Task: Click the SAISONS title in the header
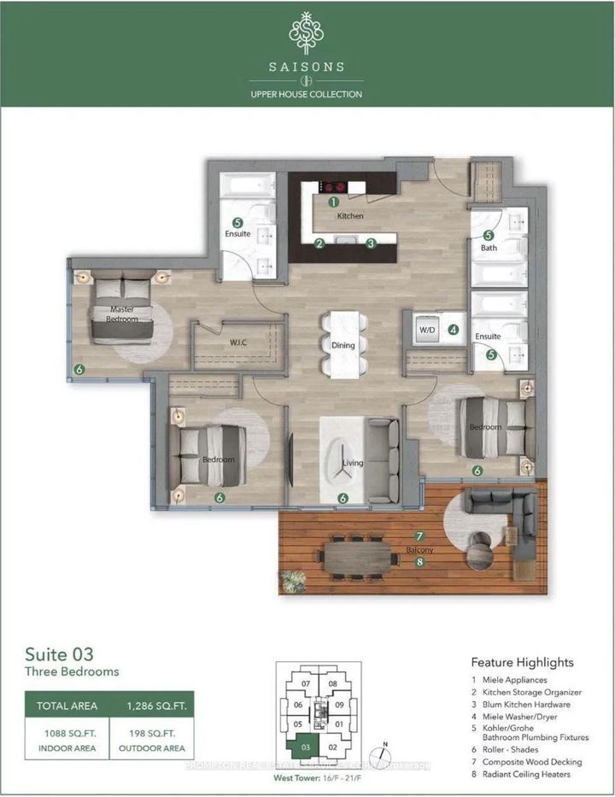(x=307, y=65)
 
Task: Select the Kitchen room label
(x=350, y=216)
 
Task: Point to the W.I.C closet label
(x=238, y=343)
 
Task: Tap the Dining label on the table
(x=343, y=345)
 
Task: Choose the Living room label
(x=353, y=463)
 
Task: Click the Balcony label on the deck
(x=420, y=550)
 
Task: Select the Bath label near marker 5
(x=489, y=248)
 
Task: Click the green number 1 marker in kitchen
(x=334, y=202)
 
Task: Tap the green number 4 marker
(x=454, y=329)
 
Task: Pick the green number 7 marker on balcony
(x=419, y=536)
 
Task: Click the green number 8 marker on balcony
(x=419, y=562)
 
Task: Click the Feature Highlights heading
(x=522, y=662)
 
